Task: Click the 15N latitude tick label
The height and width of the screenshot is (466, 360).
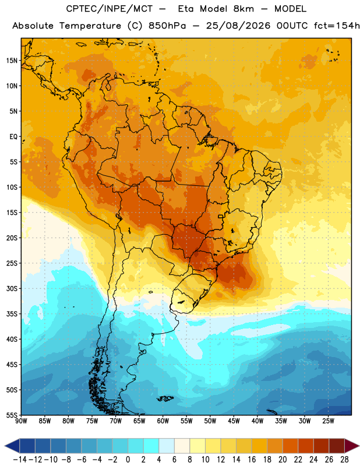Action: point(11,61)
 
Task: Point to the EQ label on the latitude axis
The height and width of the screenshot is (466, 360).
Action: point(13,137)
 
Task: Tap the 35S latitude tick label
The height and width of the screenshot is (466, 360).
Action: point(12,314)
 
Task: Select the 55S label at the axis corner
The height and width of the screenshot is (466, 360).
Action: point(12,415)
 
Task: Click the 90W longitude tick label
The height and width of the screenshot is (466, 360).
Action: point(21,421)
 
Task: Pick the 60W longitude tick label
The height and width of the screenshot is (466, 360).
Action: point(163,421)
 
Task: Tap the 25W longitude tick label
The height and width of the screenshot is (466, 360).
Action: point(328,421)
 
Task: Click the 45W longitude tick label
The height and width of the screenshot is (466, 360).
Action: point(234,421)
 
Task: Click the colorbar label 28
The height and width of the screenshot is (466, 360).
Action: point(344,460)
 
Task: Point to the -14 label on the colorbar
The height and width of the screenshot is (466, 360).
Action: point(20,460)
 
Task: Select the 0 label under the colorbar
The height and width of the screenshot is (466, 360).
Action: point(128,460)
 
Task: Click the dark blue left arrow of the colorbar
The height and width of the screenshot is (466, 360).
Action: point(12,446)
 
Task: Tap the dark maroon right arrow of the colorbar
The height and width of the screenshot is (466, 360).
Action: point(352,446)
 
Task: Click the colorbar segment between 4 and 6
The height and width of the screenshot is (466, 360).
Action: point(167,446)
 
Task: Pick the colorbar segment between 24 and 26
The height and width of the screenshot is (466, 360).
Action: point(322,446)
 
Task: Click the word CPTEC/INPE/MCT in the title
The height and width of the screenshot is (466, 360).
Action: point(110,9)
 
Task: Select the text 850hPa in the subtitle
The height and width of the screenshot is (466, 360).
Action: point(167,26)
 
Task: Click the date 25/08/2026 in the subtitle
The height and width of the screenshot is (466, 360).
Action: point(238,26)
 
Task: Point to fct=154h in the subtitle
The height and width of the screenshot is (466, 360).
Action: point(337,26)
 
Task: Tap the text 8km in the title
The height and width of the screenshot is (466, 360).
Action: point(243,9)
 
